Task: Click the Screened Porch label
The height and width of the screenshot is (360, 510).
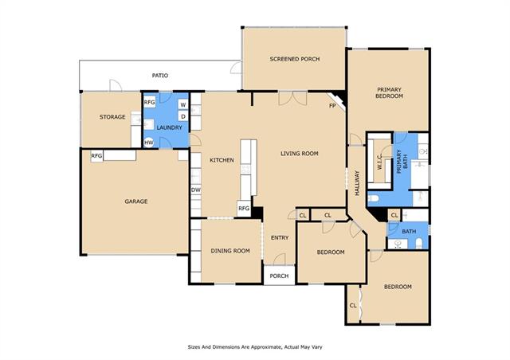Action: point(295,59)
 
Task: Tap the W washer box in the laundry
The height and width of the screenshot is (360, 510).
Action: point(183,104)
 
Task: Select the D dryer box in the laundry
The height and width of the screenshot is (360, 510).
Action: point(183,116)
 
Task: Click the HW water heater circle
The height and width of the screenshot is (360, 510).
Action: point(149,143)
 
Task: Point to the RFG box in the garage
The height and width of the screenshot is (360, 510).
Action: point(96,156)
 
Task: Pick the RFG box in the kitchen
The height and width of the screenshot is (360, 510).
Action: point(244,208)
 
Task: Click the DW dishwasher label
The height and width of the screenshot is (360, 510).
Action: point(196,190)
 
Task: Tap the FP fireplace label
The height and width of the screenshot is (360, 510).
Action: point(332,106)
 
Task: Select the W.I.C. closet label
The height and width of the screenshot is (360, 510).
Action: point(379,162)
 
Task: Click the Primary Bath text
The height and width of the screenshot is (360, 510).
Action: point(402,162)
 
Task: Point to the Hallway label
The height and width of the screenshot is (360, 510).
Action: point(357,183)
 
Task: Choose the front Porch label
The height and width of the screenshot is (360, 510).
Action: point(279,276)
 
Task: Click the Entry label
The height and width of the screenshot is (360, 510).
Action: point(280,237)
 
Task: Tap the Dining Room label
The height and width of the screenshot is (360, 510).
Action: point(230,251)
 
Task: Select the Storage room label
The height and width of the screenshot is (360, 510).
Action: point(112,117)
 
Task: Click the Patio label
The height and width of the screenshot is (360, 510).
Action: point(160,76)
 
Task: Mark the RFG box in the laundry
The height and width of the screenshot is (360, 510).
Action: point(149,102)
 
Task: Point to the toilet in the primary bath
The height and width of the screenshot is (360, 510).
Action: point(374,198)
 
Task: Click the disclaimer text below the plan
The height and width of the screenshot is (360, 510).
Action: point(255,347)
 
